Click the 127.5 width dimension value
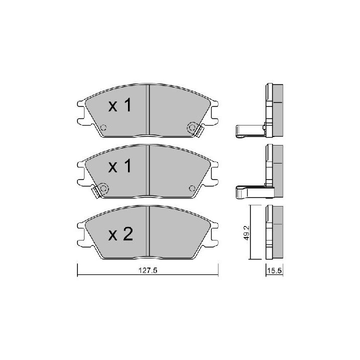pyautogui.click(x=148, y=270)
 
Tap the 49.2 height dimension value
pyautogui.click(x=246, y=232)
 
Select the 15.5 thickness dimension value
pyautogui.click(x=274, y=270)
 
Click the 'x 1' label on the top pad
pyautogui.click(x=120, y=105)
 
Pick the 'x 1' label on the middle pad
pyautogui.click(x=120, y=166)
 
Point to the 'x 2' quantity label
pyautogui.click(x=120, y=233)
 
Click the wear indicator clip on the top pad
pyautogui.click(x=199, y=131)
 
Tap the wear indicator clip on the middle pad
pyautogui.click(x=96, y=192)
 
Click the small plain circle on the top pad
pyautogui.click(x=103, y=127)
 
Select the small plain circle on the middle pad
pyautogui.click(x=192, y=188)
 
